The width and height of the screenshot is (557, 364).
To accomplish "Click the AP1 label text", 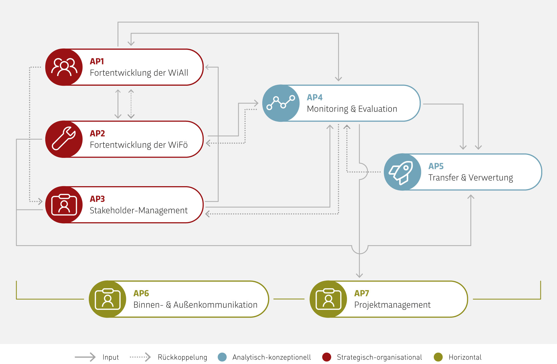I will tap(97, 61).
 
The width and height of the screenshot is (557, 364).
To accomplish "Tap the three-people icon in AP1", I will tap(64, 67).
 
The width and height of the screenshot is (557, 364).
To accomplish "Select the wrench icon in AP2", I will tap(64, 139).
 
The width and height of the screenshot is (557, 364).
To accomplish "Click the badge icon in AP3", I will tap(64, 205).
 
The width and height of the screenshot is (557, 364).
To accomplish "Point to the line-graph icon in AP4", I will tap(281, 103).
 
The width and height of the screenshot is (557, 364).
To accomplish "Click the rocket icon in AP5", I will tap(402, 172).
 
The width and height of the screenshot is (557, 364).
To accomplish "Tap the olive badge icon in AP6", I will tap(108, 299).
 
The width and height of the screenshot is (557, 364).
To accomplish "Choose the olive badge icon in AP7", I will tap(328, 299).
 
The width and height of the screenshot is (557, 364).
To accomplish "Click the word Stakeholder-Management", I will tap(138, 211).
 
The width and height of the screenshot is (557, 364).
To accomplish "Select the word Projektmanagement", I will tap(392, 305).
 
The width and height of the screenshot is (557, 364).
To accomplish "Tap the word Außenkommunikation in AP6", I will tap(215, 305).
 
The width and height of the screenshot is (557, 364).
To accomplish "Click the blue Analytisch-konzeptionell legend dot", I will tap(222, 357).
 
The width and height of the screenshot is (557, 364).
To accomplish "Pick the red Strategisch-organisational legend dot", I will tap(327, 357).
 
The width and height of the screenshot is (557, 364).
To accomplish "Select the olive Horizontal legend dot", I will tap(438, 357).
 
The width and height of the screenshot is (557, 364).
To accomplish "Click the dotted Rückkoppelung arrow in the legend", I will tap(140, 357).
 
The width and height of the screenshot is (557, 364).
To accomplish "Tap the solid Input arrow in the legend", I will tap(85, 357).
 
